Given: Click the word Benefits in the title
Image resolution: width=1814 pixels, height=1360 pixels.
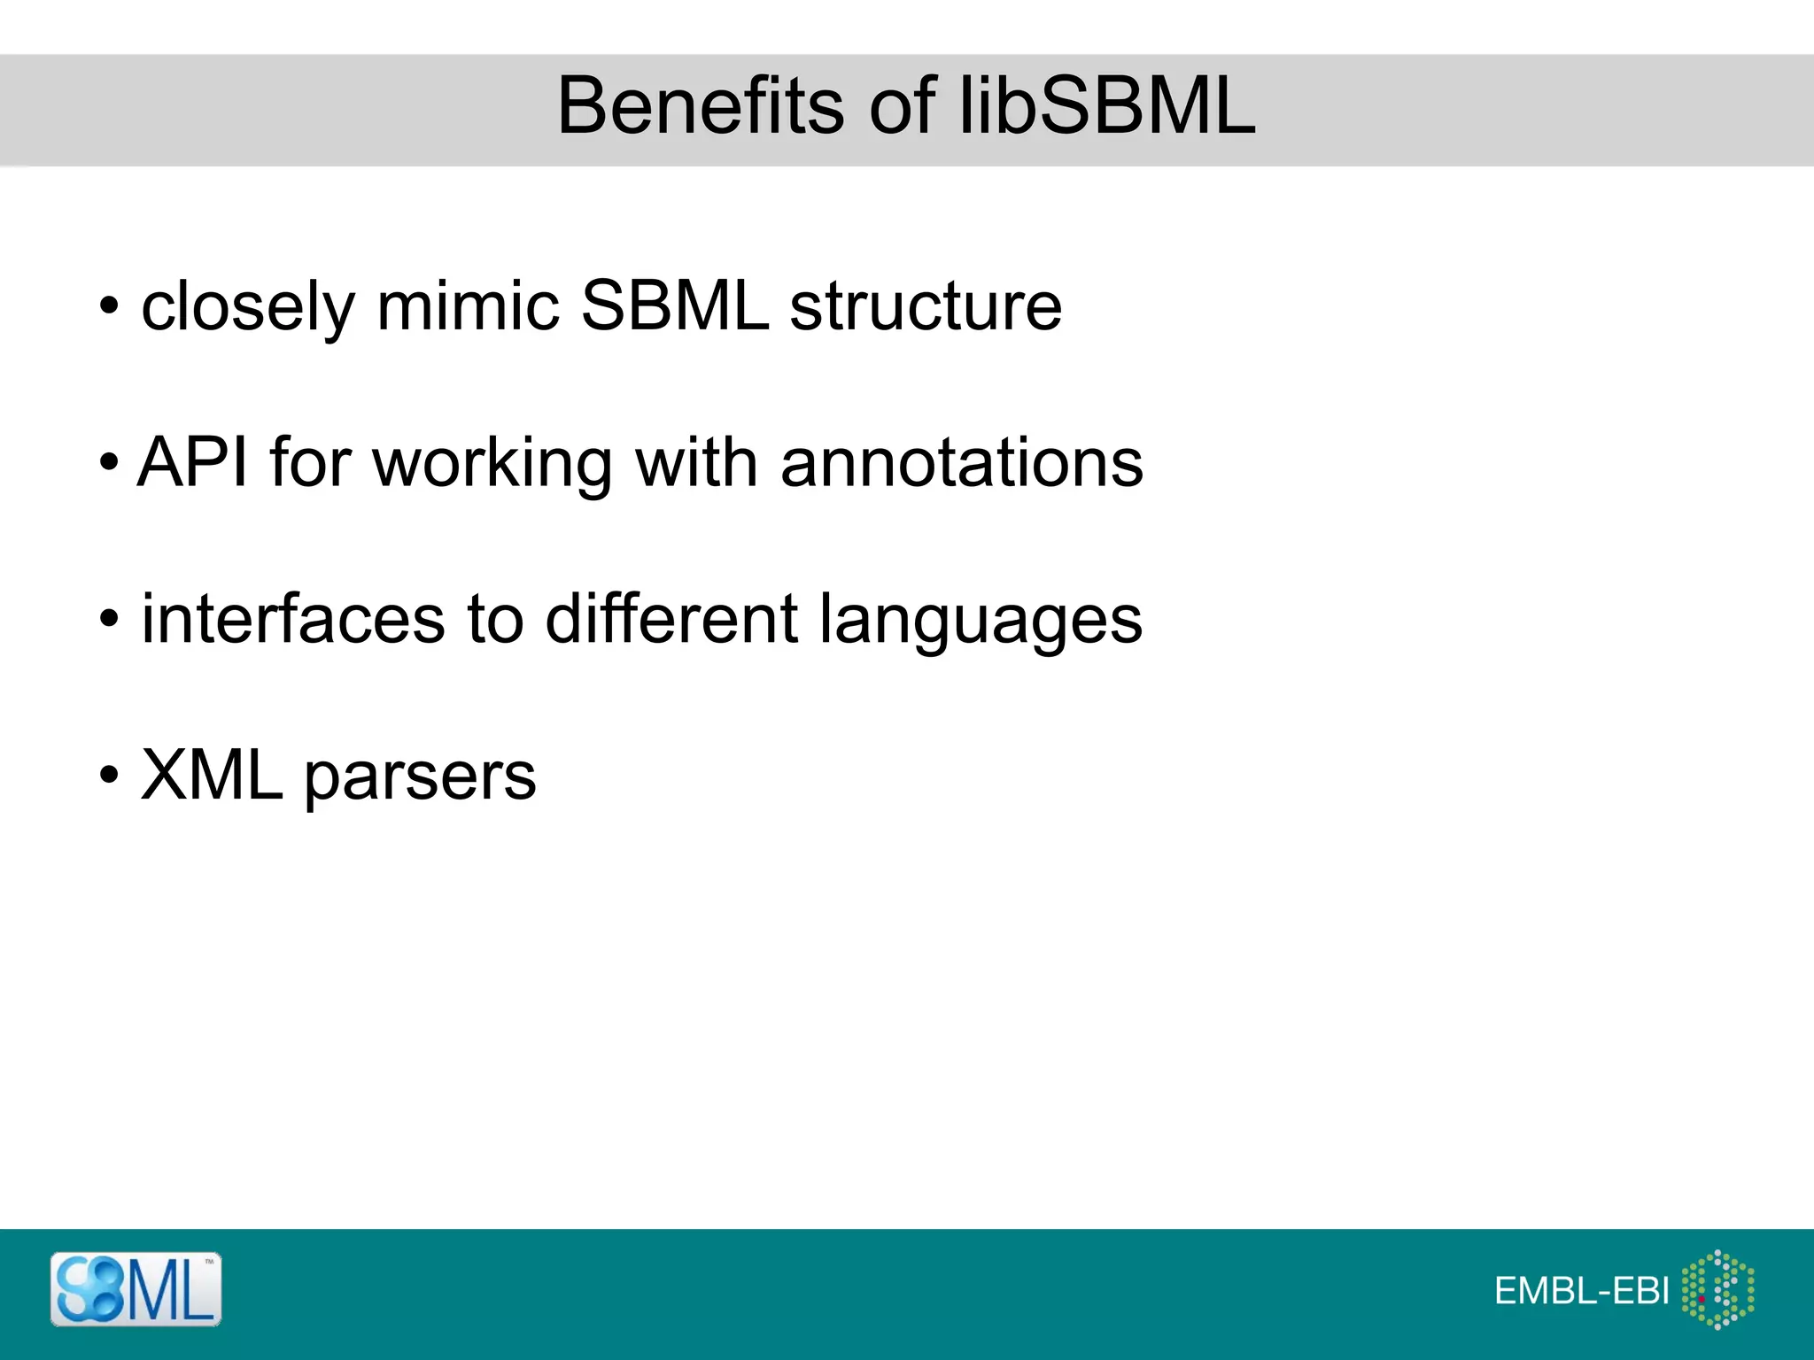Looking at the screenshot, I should [701, 106].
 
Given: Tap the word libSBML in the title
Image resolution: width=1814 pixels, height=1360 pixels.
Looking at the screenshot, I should [1108, 106].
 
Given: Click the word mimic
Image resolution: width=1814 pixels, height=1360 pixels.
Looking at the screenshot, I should [468, 305].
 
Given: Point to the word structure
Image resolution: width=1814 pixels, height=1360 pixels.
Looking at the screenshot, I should [925, 305].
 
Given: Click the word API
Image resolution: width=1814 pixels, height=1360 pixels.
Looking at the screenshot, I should [192, 462].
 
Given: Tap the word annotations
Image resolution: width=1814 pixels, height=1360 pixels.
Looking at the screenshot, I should [961, 462].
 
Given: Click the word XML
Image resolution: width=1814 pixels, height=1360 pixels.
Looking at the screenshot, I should [212, 775].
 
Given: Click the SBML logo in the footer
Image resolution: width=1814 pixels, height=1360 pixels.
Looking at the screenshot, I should [136, 1289].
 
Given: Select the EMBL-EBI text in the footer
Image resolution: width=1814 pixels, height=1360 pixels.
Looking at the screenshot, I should [1582, 1291].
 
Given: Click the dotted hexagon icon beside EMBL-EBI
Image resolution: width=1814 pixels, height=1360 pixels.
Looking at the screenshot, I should [1717, 1289].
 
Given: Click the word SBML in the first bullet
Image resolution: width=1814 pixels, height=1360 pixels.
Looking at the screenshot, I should [674, 305].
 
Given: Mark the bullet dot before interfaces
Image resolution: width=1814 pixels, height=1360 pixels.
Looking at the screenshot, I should [108, 619].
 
